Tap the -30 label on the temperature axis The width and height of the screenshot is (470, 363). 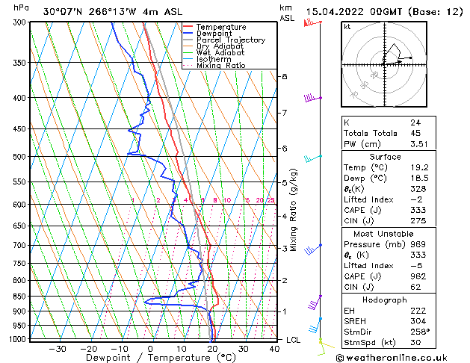tap(58, 349)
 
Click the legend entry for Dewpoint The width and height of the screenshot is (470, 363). tap(214, 34)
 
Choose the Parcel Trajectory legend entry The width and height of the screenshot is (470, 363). tap(230, 40)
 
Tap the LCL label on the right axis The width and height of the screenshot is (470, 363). tap(294, 340)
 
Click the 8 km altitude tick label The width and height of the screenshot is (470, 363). tap(284, 77)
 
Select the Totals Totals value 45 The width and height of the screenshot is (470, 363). tap(415, 133)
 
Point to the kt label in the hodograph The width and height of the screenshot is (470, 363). tap(347, 27)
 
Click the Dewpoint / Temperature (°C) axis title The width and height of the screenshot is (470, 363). tap(152, 358)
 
